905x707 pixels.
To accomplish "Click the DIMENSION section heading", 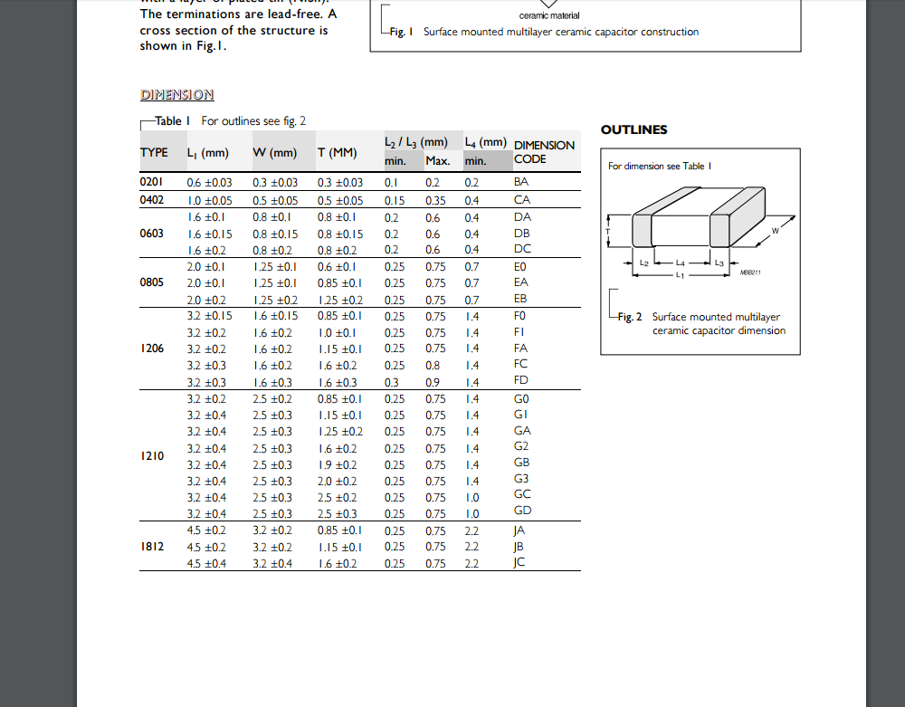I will coord(177,95).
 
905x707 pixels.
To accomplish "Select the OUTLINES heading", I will coord(634,129).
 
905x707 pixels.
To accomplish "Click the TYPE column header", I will coord(154,152).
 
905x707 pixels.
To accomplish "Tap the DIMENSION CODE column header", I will coord(543,152).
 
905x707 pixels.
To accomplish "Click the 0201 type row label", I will coord(151,182).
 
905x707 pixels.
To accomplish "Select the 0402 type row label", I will coord(151,199).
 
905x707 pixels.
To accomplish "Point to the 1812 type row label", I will coord(151,547).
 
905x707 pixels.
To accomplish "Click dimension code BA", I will coord(521,182).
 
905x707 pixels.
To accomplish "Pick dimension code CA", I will coord(521,199).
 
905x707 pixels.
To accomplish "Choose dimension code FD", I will coord(521,380).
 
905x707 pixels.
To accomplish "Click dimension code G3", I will coord(521,478).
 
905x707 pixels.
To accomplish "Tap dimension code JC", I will coord(519,562).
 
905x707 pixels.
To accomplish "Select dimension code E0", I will coord(520,267).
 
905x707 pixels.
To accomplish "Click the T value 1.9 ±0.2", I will coord(337,465).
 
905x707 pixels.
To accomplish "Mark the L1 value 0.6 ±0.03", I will coord(209,183).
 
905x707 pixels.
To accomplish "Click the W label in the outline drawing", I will coord(776,231).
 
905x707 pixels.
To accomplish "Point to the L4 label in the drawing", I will coord(681,263).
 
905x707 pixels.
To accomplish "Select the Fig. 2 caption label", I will coord(630,317).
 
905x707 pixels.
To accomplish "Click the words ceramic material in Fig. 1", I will coord(549,15).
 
